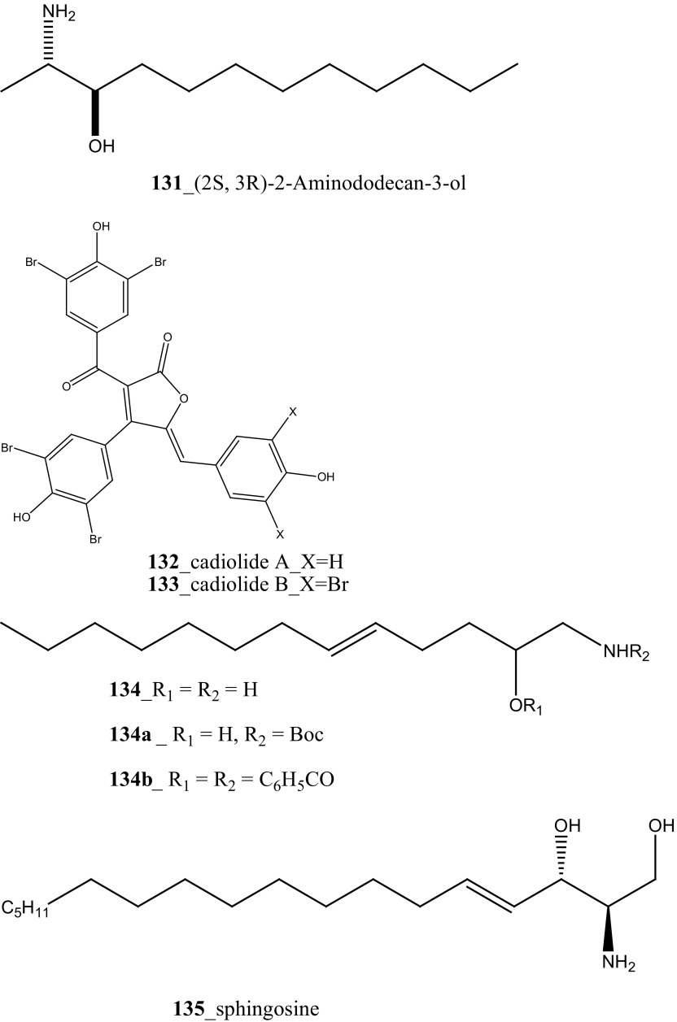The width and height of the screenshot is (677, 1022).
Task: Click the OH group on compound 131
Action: tap(102, 146)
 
